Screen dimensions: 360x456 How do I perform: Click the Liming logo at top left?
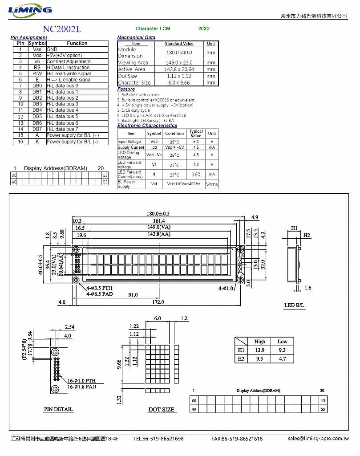click(30, 10)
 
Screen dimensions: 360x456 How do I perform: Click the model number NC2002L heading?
click(62, 29)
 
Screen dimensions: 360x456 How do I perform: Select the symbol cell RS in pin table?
click(37, 68)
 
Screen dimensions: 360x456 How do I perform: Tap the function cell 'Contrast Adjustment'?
click(69, 61)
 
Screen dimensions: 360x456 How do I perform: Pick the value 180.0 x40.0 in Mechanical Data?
click(179, 53)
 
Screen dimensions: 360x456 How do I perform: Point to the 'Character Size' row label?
click(134, 82)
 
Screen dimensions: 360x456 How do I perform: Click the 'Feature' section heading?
click(126, 89)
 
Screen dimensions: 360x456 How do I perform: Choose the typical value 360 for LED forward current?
click(196, 175)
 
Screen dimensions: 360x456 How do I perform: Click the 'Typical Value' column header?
click(196, 134)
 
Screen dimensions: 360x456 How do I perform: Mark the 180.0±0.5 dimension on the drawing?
click(158, 214)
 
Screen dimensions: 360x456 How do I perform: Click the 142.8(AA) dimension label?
click(159, 234)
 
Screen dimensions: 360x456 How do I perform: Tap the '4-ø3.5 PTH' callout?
click(99, 288)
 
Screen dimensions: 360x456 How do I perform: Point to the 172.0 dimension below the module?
click(158, 302)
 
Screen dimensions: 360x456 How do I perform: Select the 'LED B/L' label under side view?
click(294, 305)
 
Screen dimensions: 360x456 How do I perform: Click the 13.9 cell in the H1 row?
click(259, 350)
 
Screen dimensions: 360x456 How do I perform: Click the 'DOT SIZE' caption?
click(161, 410)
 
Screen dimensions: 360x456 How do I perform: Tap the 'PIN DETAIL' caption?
click(58, 409)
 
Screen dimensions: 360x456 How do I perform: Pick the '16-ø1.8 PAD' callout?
click(81, 387)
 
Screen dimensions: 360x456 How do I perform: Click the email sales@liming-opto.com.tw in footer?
click(319, 438)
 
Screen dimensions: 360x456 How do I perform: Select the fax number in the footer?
click(237, 439)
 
